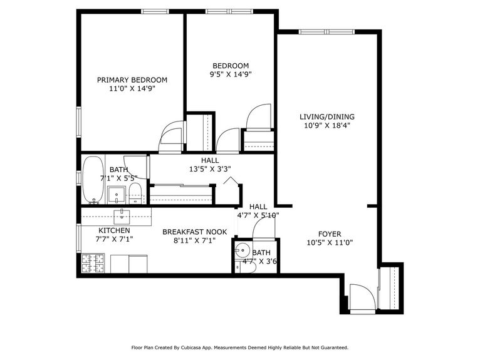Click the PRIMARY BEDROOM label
pos(132,80)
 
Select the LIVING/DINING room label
pos(326,116)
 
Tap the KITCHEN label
pos(113,230)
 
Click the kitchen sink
pos(120,217)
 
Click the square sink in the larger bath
pos(116,195)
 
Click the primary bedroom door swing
pos(171,136)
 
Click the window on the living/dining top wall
pos(326,31)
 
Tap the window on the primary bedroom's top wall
pos(154,11)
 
